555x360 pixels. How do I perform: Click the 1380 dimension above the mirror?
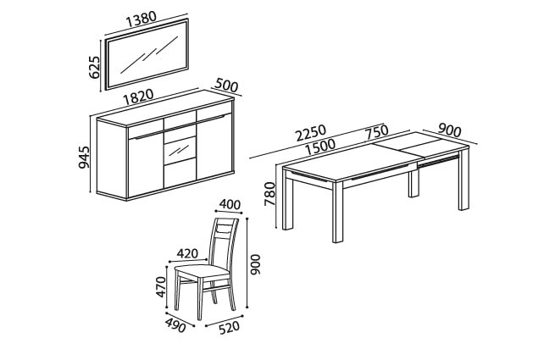[141, 19]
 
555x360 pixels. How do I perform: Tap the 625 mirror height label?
[95, 67]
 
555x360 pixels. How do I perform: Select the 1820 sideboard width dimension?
[138, 97]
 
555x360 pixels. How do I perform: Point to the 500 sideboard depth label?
[226, 86]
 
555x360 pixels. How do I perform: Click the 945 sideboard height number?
[84, 157]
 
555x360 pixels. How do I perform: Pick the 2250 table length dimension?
[311, 132]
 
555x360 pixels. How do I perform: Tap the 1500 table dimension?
[320, 147]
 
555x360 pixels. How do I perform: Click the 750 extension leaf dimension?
[377, 132]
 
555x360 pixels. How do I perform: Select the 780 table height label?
[269, 194]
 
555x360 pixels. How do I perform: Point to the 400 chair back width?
[230, 204]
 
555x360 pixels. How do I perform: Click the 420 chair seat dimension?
[187, 253]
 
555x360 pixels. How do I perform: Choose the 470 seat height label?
[160, 286]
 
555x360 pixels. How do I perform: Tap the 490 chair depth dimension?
[175, 325]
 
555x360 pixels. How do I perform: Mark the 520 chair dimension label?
[230, 328]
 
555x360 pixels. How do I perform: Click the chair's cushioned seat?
[203, 271]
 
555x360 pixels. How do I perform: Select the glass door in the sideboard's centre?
[180, 150]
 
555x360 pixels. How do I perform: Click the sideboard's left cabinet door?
[146, 163]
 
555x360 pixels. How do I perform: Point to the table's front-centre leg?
[338, 211]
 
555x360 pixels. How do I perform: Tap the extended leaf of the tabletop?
[419, 145]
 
